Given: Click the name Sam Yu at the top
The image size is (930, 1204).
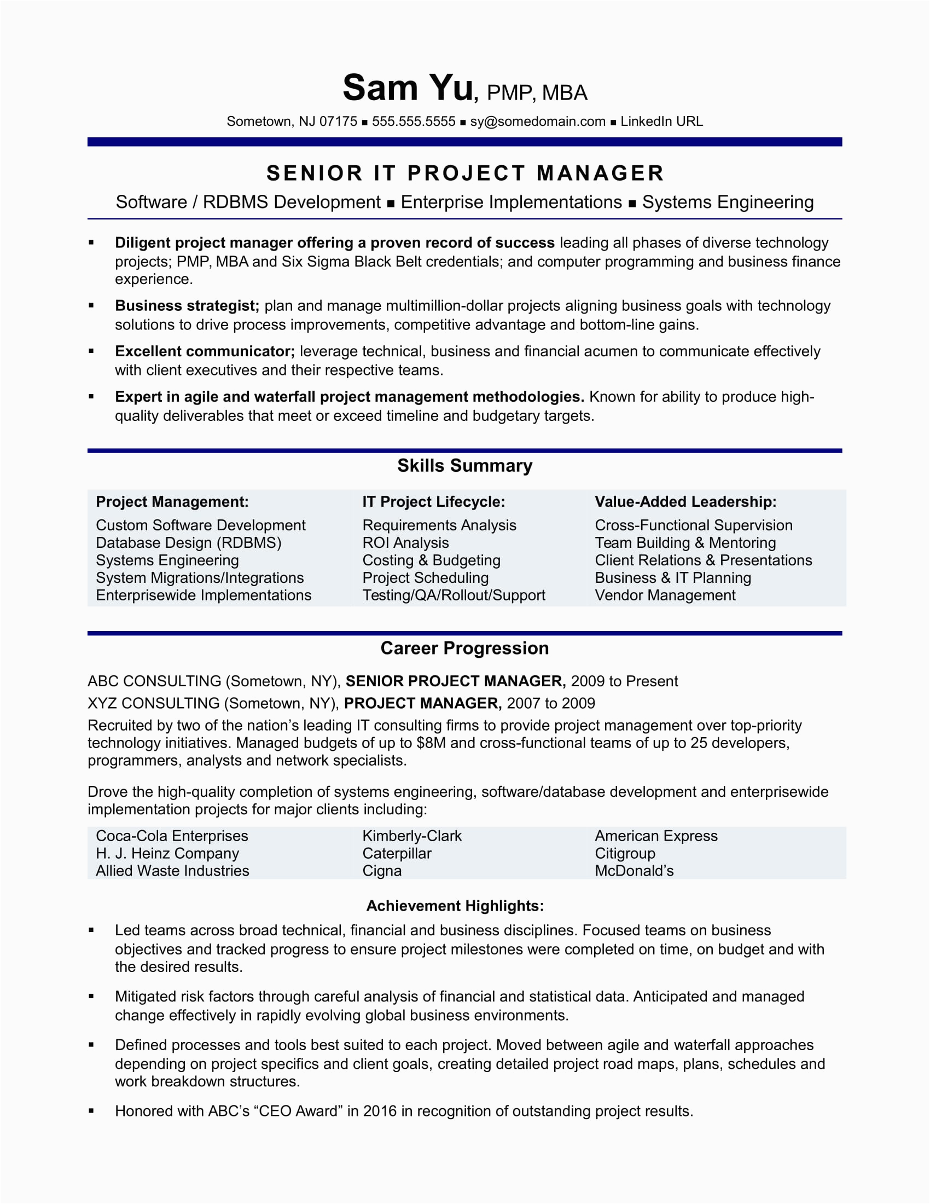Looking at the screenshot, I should [408, 88].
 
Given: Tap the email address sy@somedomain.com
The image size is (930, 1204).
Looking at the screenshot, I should [537, 121].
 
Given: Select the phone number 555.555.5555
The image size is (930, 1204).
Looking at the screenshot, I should [413, 121].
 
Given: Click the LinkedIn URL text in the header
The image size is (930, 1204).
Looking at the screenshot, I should [661, 121].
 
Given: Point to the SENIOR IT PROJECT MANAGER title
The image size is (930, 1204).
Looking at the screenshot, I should [465, 173].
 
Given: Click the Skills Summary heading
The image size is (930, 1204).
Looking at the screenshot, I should [465, 466].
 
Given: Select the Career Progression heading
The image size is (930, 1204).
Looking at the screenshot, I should [465, 649].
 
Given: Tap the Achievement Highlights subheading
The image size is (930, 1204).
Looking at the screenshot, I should [455, 906].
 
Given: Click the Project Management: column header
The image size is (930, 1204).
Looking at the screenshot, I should [172, 502].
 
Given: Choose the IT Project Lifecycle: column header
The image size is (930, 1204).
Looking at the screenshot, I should [434, 502].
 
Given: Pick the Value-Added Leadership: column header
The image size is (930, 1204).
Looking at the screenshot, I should [685, 502].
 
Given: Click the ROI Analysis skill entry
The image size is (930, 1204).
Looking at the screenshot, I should [405, 543].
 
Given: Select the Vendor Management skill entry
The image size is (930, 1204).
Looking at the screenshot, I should [665, 595].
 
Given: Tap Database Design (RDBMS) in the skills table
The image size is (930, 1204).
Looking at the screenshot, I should [188, 543].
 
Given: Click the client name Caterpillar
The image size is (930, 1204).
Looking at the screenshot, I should [397, 853].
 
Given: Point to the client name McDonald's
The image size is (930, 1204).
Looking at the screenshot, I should [634, 871].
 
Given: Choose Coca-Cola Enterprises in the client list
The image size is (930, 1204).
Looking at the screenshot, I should [172, 836].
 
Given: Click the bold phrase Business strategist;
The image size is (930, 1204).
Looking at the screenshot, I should [187, 306].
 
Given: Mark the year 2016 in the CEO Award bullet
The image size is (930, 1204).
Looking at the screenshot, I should [380, 1111].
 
